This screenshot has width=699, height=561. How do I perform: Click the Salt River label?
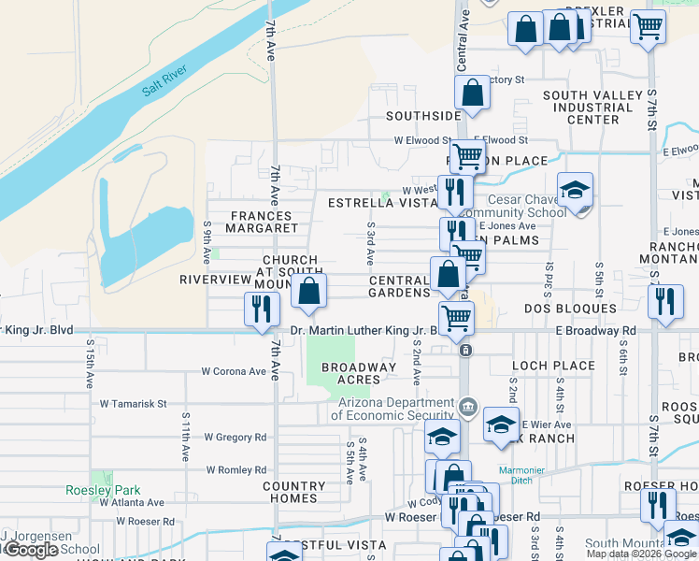tap(164, 80)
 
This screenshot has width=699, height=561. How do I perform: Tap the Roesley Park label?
tap(103, 490)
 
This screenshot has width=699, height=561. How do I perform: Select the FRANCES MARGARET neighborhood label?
tap(262, 223)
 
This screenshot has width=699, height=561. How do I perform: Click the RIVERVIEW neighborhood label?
tap(216, 280)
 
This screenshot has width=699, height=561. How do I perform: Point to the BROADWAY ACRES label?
tap(359, 373)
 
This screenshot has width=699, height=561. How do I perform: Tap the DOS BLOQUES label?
tap(570, 308)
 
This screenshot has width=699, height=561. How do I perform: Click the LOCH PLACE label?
tap(553, 366)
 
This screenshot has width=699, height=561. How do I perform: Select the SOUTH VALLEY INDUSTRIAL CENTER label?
tap(593, 108)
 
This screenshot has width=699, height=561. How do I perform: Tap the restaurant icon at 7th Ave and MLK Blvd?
tap(261, 309)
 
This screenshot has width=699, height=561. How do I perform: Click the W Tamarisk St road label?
tap(134, 404)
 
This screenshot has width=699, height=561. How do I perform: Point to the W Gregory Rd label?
tap(235, 437)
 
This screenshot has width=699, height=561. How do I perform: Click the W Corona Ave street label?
tap(234, 371)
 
